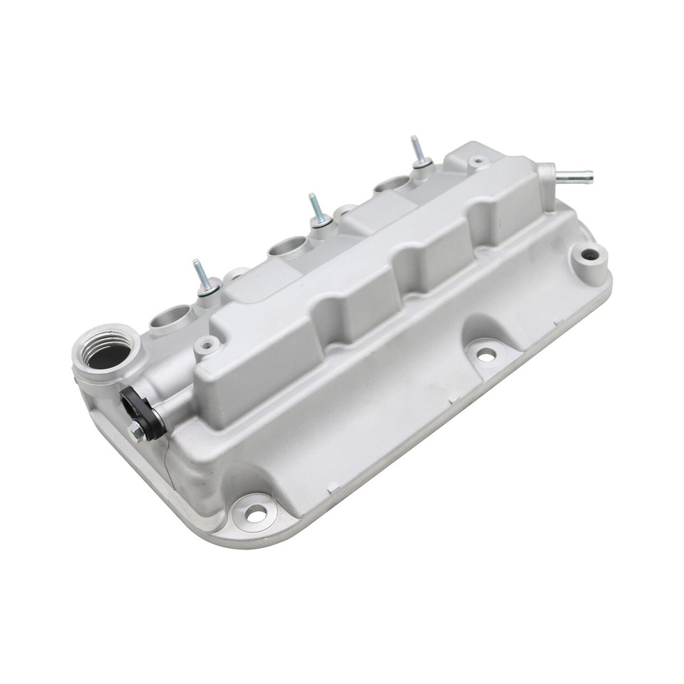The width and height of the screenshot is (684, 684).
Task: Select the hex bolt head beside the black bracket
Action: [134, 430]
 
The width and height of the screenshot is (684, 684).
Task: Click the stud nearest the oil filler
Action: [203, 278]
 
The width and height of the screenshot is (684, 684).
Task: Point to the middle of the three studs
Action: [316, 211]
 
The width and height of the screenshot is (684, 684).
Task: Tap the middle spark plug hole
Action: [286, 249]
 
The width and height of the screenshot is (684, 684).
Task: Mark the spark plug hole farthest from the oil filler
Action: [391, 185]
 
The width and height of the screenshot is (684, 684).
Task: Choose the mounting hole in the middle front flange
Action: [486, 353]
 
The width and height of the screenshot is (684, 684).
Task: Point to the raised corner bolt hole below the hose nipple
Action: [589, 254]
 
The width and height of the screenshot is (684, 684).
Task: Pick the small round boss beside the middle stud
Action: [345, 212]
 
